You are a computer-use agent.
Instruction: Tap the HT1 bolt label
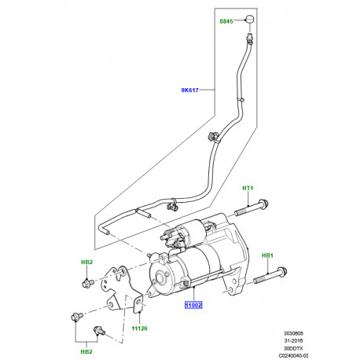click(x=249, y=188)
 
